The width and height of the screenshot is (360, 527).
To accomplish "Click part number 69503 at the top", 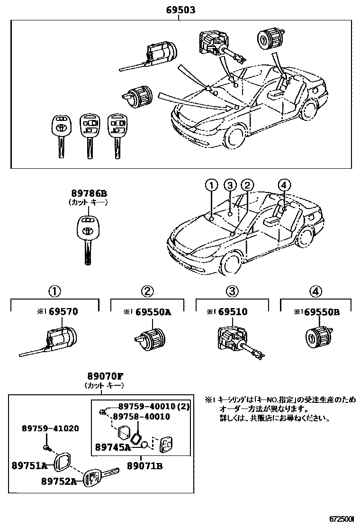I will (180, 9).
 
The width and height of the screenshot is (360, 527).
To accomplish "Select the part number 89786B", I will (89, 193).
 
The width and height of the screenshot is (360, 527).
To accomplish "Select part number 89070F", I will (104, 376).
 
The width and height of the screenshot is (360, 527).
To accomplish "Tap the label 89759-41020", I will (50, 428).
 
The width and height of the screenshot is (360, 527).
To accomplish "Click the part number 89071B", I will (144, 466).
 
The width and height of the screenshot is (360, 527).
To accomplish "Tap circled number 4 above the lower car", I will (283, 185).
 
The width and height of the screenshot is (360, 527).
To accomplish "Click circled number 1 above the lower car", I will (211, 185).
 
